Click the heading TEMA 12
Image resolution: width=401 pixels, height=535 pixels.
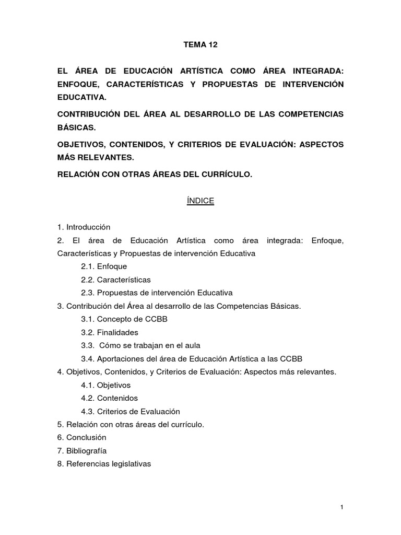(200, 45)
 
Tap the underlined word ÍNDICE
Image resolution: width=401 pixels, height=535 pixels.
(200, 201)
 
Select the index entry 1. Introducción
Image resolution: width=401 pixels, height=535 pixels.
(84, 227)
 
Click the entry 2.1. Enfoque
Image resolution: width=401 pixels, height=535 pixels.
(104, 266)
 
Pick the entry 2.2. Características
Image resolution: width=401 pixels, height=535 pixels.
(116, 280)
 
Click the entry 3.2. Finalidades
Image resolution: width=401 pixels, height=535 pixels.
(110, 332)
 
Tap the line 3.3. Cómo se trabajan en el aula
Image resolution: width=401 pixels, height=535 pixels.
(140, 345)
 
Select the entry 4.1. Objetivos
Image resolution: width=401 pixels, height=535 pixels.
(106, 385)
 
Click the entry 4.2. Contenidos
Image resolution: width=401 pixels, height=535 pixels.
(109, 398)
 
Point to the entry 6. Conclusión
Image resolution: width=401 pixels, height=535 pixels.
(82, 437)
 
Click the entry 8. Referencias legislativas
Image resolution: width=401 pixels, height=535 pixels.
(104, 463)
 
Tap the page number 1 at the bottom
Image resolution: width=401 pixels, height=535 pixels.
(341, 507)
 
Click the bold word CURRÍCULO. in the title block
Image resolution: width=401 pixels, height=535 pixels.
(226, 175)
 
